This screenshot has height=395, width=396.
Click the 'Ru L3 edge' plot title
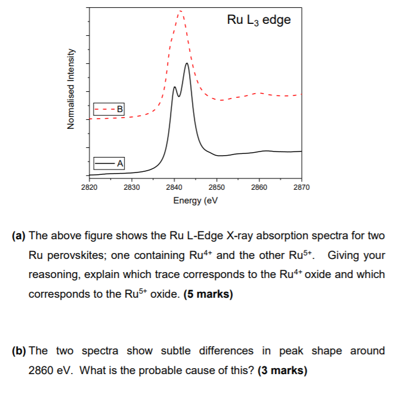pos(259,20)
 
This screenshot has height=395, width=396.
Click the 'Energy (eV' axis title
pos(195,200)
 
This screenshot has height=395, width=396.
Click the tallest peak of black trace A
pos(187,63)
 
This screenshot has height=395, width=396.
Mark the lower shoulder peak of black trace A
pos(174,87)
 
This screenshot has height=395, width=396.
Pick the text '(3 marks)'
pos(282,371)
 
